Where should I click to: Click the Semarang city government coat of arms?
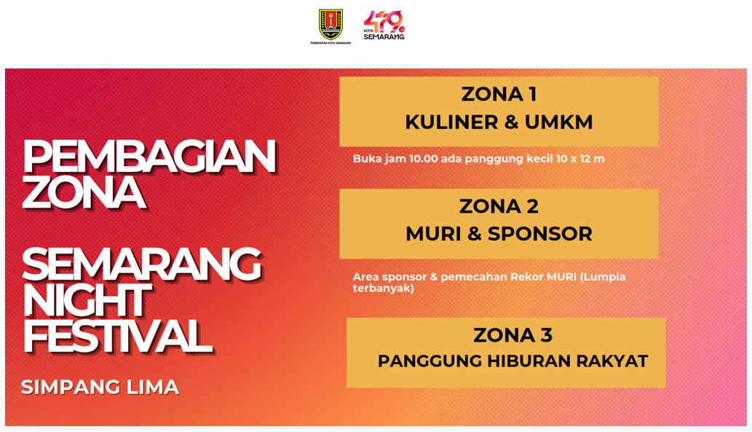331,25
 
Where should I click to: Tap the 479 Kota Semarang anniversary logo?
384,25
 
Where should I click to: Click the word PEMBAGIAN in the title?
149,157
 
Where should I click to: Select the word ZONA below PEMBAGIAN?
84,193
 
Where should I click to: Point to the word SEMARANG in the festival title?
142,265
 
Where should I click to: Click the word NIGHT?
87,300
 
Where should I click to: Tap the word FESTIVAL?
118,337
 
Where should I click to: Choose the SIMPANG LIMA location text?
100,388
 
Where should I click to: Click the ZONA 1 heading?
499,94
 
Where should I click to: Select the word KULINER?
452,122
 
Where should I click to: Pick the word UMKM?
559,122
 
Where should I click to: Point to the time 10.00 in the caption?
424,159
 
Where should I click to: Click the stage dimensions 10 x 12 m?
580,159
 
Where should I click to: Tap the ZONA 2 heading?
499,206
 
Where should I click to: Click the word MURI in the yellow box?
434,235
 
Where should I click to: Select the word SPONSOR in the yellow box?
540,235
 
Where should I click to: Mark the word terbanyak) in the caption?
383,288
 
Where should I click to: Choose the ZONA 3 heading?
512,335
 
